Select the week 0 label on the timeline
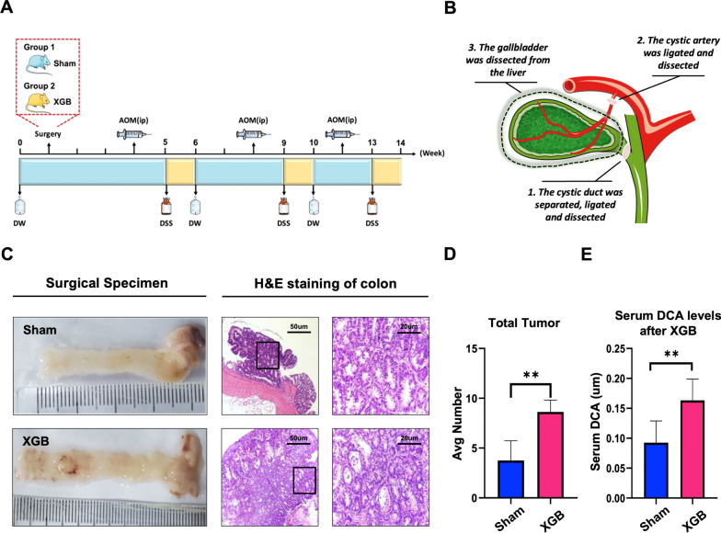[20, 143]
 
